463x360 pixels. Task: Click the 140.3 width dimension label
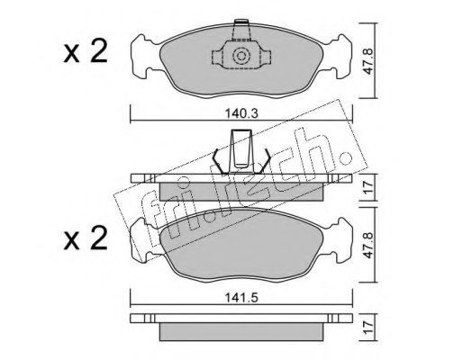[x=241, y=113]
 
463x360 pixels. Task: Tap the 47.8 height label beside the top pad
[x=368, y=61]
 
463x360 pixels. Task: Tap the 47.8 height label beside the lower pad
[x=368, y=245]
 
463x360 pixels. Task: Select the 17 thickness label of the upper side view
[x=368, y=187]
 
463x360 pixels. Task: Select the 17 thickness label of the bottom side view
[x=368, y=328]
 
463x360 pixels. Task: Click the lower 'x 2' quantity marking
[x=86, y=238]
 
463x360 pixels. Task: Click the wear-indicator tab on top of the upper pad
[x=241, y=30]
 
